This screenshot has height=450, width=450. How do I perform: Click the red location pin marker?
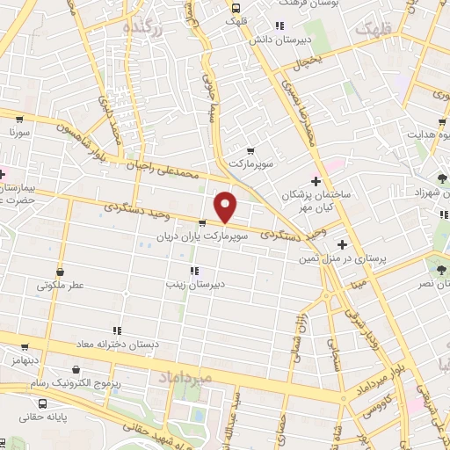(226, 207)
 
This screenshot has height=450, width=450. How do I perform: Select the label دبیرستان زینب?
(194, 285)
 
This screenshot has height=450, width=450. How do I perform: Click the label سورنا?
(19, 132)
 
